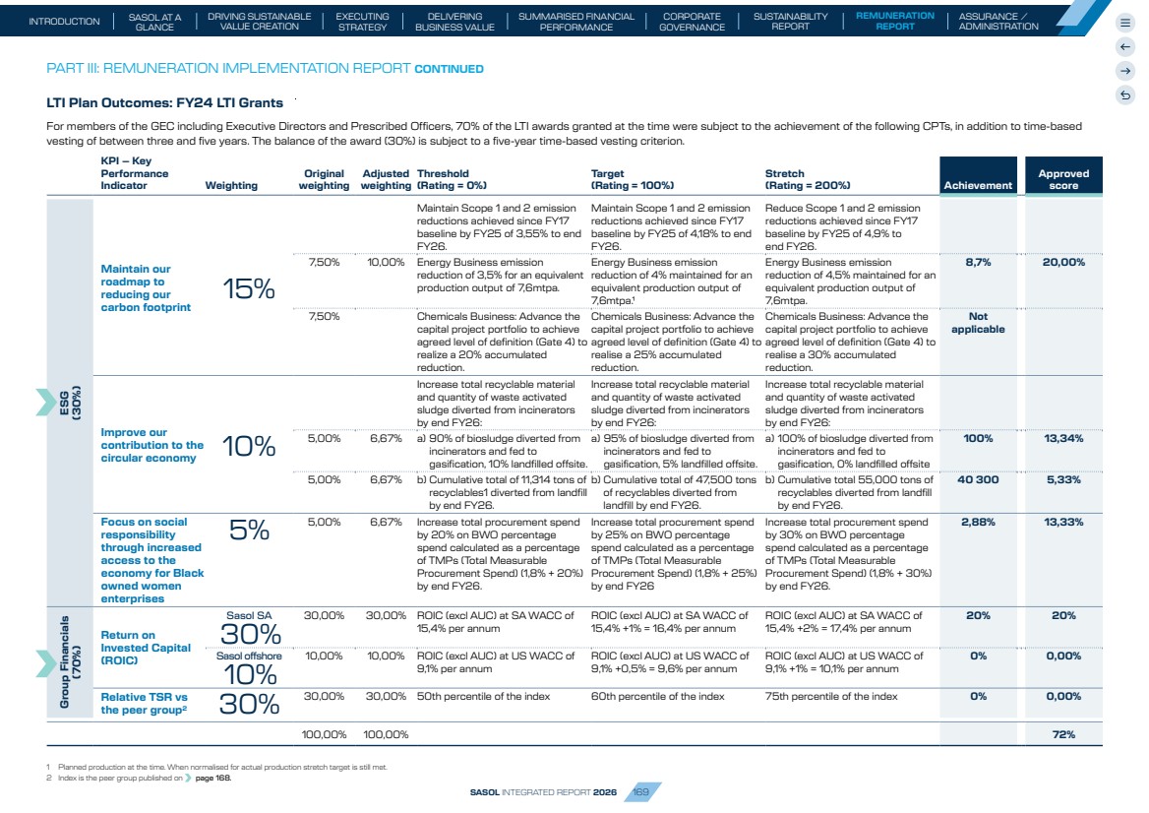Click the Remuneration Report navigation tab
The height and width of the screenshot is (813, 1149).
pos(895,21)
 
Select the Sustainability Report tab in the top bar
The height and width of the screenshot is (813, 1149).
pos(791,22)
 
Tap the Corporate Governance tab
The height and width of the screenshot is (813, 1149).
pos(692,22)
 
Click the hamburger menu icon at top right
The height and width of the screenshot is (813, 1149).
pos(1125,23)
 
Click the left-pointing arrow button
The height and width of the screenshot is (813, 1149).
pos(1125,47)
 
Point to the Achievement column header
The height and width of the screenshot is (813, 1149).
pos(978,185)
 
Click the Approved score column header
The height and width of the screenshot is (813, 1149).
pos(1063,179)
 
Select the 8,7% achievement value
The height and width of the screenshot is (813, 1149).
pos(978,262)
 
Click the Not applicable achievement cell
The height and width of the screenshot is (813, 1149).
pos(978,323)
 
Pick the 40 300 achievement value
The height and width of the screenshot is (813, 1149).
pos(978,479)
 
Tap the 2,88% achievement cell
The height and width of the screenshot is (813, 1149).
pos(978,522)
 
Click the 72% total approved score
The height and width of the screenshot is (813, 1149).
pos(1063,734)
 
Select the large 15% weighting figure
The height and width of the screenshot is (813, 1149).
pos(249,288)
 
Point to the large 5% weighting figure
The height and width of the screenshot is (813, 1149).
pos(249,530)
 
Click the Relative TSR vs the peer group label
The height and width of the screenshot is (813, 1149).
pos(144,703)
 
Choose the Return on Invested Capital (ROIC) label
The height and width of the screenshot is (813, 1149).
pos(145,648)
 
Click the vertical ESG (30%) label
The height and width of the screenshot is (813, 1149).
pos(70,403)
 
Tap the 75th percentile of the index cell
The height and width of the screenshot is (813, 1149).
pos(831,696)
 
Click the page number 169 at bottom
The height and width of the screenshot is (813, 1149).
pos(641,791)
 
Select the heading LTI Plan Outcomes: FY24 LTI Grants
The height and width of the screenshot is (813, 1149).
pos(165,102)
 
